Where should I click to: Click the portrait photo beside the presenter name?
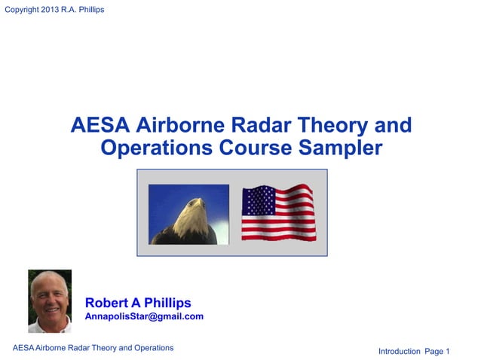coord(50,301)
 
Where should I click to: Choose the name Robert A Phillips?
coord(138,303)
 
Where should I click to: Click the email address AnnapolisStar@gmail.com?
coord(144,316)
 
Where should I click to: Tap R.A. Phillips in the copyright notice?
coord(88,9)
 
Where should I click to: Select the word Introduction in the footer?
coord(399,351)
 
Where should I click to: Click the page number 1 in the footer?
coord(447,351)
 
